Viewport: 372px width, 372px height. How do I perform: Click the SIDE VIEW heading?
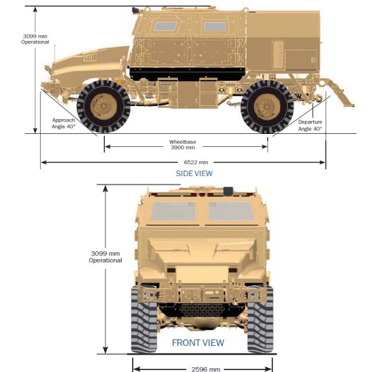194,174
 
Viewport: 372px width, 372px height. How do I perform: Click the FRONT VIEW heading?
198,343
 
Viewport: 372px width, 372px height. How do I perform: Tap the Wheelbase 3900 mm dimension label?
183,144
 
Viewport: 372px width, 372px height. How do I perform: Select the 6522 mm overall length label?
196,162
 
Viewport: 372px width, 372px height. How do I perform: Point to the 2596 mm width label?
205,369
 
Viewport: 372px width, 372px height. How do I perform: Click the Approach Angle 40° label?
64,123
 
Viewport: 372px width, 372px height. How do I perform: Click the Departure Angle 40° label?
310,125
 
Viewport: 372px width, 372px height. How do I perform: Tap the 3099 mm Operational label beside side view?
35,39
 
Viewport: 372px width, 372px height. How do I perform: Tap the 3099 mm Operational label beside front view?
105,257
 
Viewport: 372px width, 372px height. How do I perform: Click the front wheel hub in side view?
104,106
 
